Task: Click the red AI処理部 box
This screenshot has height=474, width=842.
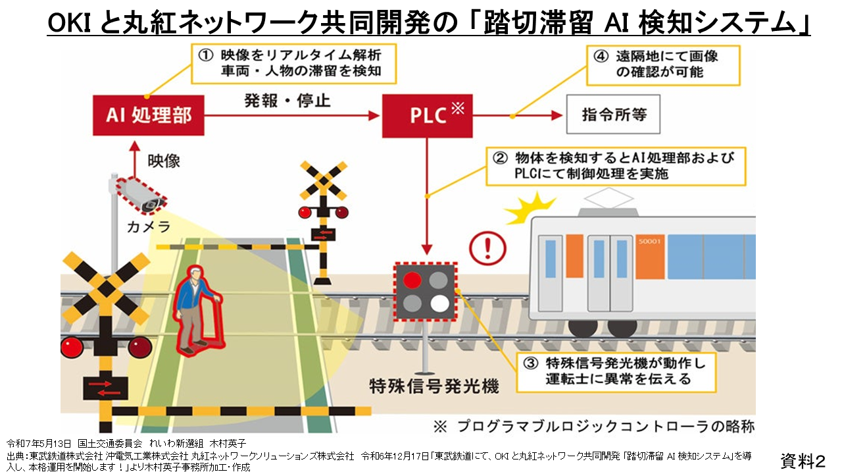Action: [148, 115]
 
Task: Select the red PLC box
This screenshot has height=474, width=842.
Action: [427, 115]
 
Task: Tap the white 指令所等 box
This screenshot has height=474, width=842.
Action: [613, 115]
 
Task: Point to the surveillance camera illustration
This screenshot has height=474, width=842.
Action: [141, 195]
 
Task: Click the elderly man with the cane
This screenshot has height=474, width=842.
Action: [197, 309]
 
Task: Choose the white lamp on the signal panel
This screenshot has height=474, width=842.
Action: [439, 303]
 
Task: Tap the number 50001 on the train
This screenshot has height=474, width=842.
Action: [649, 241]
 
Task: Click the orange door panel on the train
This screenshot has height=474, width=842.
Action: [575, 256]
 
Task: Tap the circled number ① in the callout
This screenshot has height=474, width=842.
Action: [205, 55]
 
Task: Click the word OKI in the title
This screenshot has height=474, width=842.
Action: [71, 24]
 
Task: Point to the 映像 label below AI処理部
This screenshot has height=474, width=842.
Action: [164, 160]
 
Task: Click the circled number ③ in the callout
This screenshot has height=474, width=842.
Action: [531, 363]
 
